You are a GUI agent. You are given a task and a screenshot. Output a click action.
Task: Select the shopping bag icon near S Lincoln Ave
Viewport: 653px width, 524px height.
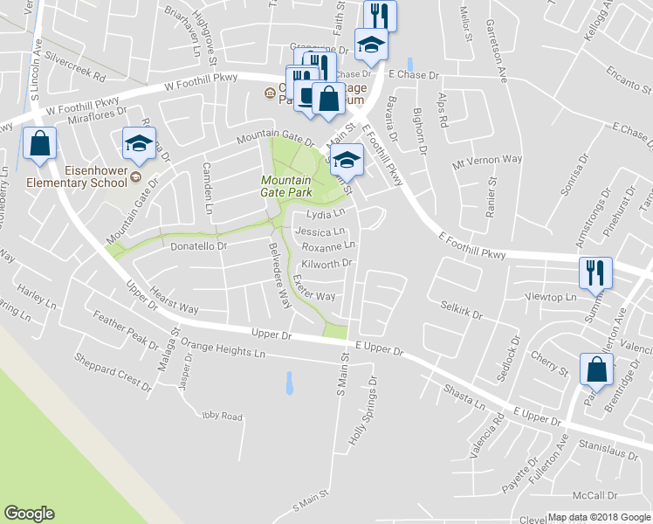[39, 146]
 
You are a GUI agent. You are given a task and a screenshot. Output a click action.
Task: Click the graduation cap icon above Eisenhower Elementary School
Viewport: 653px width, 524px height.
[138, 145]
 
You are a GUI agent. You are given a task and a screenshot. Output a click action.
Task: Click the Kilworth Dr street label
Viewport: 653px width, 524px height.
[326, 263]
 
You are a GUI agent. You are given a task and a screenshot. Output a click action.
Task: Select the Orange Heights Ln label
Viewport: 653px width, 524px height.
[223, 354]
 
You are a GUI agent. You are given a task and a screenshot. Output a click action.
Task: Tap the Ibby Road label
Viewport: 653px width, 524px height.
[220, 417]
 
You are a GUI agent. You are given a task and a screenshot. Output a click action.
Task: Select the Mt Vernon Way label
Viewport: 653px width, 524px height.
[487, 160]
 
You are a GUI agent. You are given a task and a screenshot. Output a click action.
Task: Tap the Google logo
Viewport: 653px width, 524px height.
[30, 513]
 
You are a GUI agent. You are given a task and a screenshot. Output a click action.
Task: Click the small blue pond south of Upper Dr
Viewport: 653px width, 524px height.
[288, 382]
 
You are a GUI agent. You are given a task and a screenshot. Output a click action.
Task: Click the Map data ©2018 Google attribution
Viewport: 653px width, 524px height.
[598, 517]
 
